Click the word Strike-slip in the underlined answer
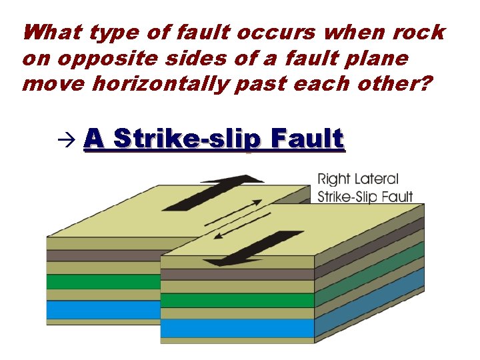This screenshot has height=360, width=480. pyautogui.click(x=189, y=139)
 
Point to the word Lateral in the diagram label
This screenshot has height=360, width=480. pyautogui.click(x=377, y=179)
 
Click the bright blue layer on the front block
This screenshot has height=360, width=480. pyautogui.click(x=237, y=328)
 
